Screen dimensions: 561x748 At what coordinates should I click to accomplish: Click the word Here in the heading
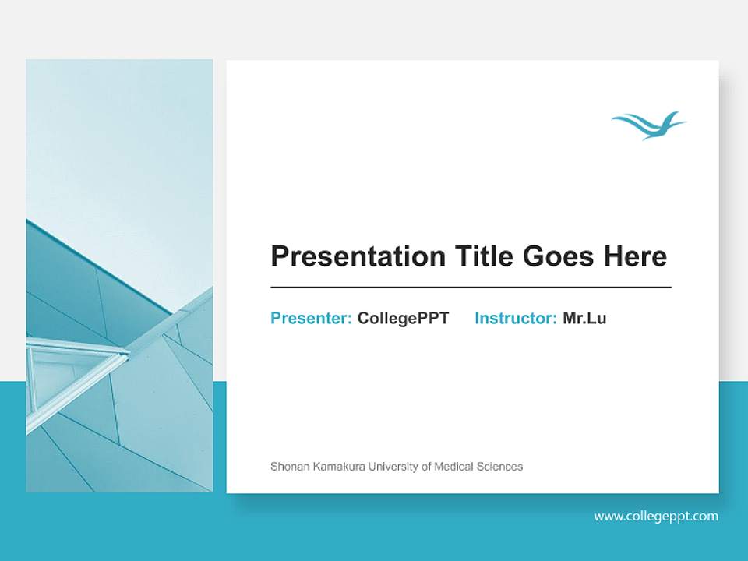click(637, 256)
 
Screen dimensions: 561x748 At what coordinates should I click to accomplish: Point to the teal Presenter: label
click(311, 318)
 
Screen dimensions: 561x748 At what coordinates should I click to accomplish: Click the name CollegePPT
click(403, 318)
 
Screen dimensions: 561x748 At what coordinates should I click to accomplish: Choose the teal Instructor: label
click(515, 318)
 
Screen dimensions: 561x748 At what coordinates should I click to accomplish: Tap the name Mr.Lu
click(584, 318)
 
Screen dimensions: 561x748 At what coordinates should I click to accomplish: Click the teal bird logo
click(648, 125)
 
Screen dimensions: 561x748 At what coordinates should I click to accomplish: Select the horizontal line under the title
click(471, 288)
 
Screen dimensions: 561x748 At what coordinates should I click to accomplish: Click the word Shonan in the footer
click(288, 467)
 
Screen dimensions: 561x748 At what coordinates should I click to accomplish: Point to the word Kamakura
click(337, 467)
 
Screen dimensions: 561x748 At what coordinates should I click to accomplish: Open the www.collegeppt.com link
click(656, 516)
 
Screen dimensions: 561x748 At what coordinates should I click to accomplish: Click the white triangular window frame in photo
click(74, 374)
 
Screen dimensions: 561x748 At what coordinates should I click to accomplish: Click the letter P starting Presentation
click(279, 256)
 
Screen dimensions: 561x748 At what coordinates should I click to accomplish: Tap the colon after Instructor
click(554, 319)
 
